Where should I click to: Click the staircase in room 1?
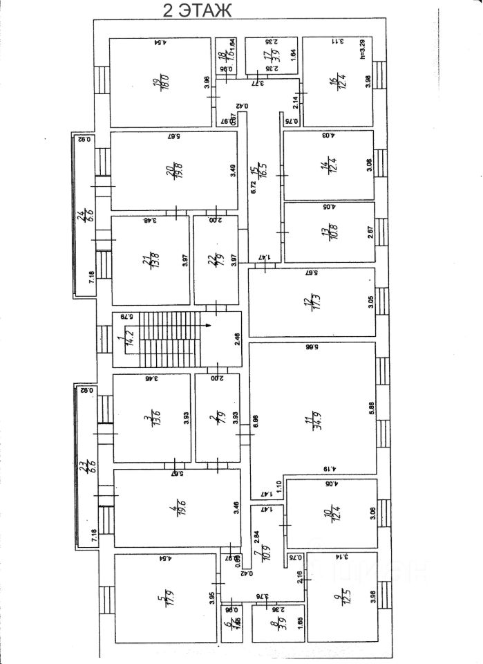[x=166, y=340]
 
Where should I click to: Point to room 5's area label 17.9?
[x=164, y=596]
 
